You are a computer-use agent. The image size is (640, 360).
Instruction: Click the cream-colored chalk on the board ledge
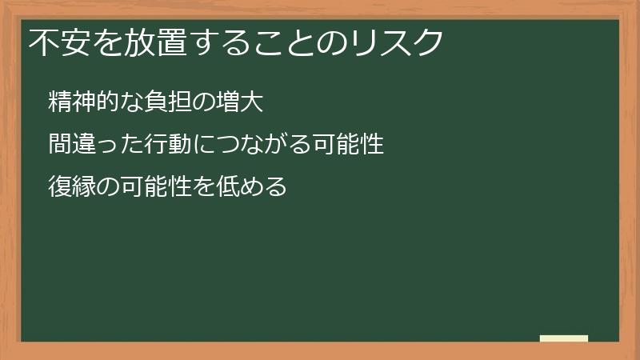point(564,338)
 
